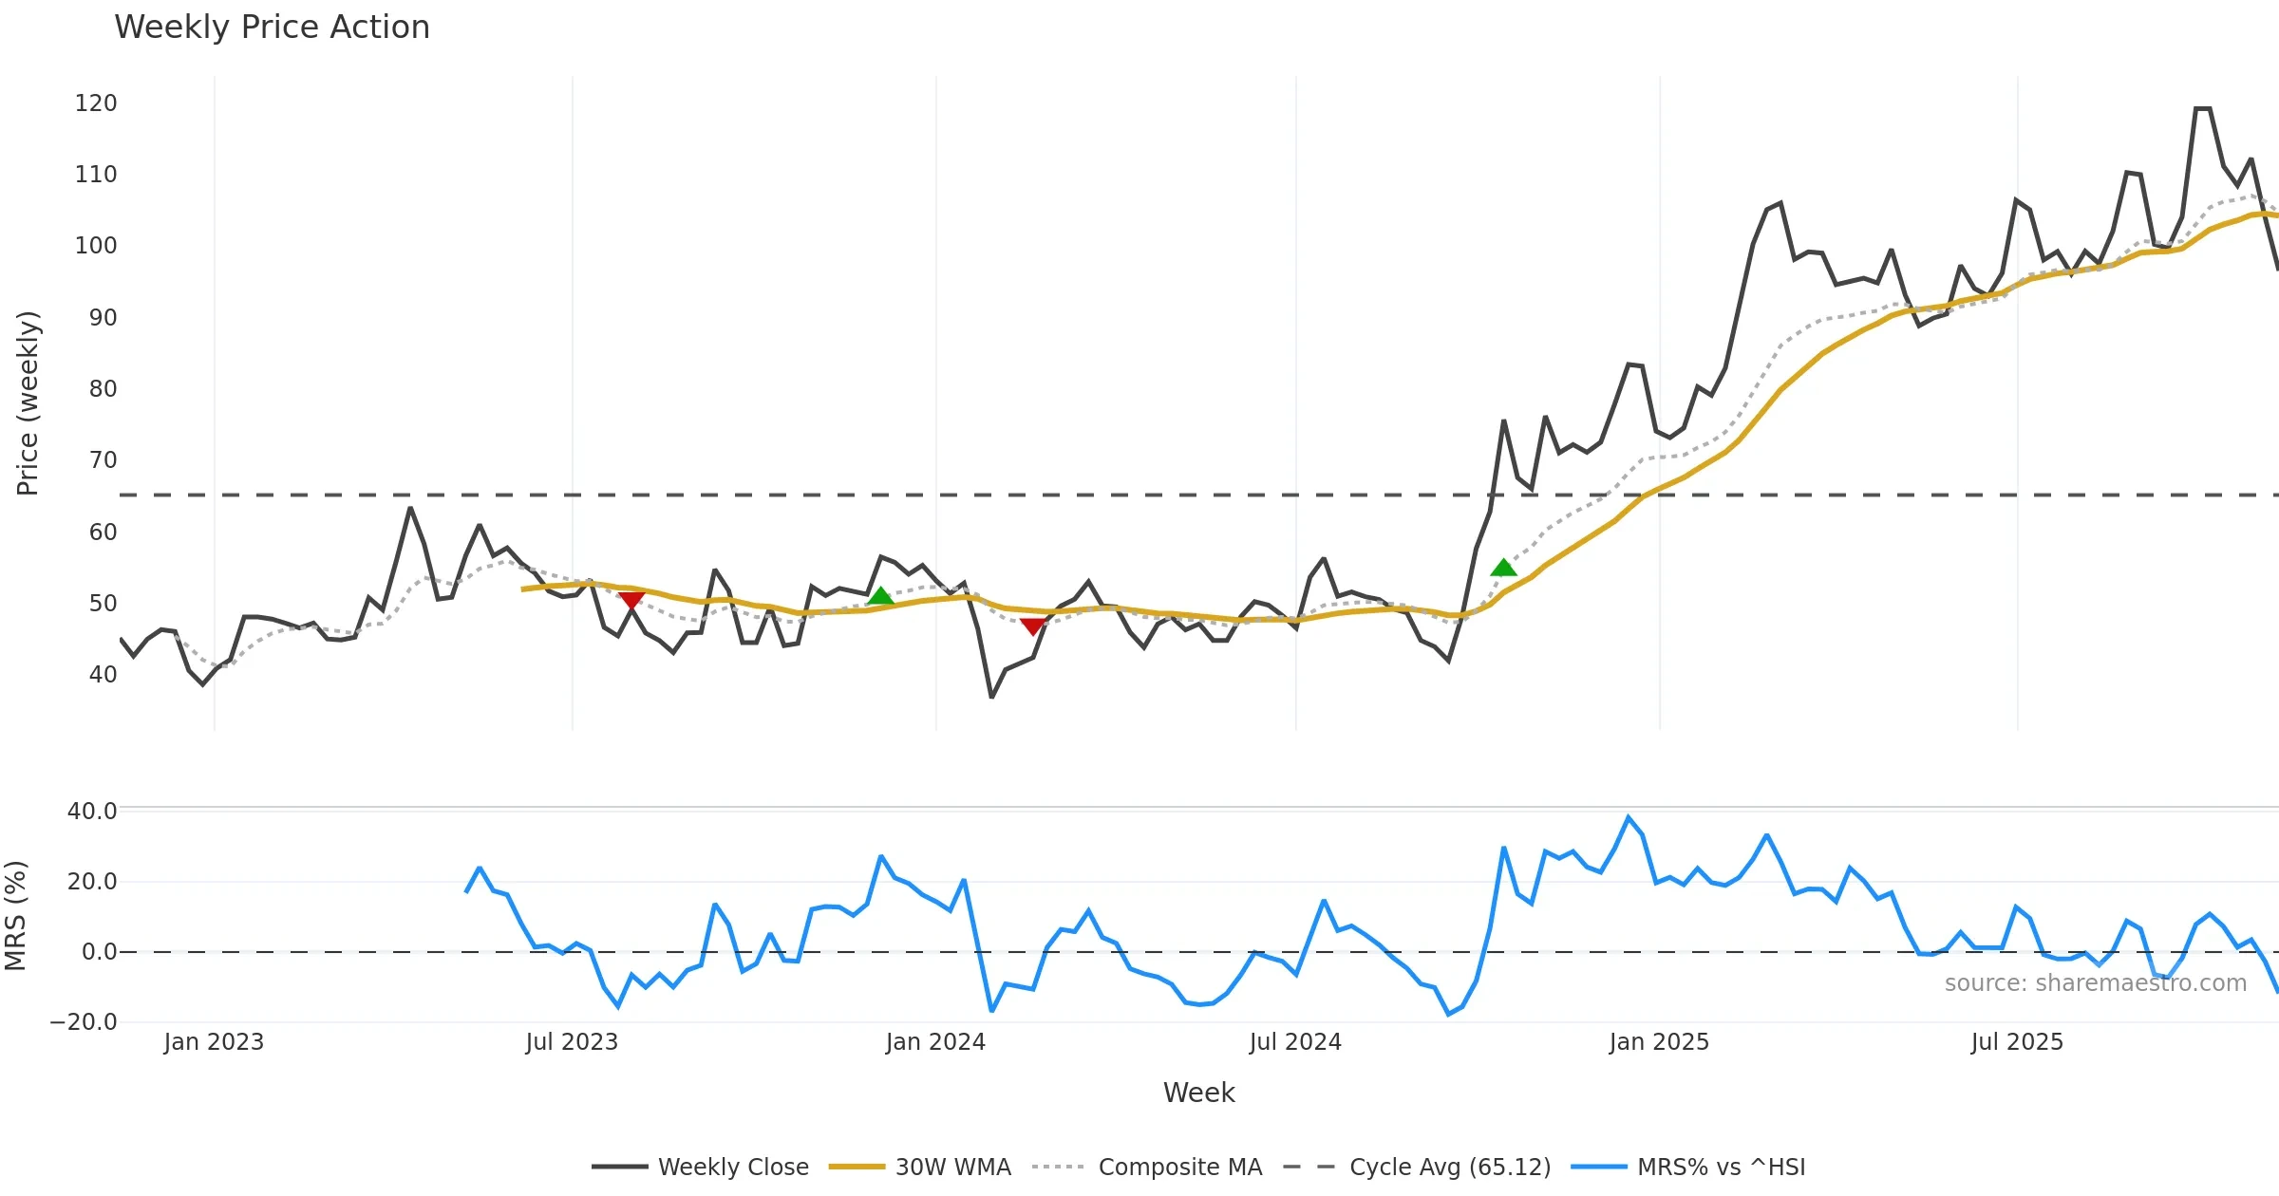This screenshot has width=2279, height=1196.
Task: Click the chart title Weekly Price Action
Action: (x=272, y=28)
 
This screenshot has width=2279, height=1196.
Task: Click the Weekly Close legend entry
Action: (x=732, y=1167)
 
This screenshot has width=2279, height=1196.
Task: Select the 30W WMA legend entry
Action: (x=952, y=1167)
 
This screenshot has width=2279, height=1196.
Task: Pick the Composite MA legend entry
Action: (x=1179, y=1167)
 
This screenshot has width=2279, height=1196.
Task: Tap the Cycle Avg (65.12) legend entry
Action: (x=1449, y=1167)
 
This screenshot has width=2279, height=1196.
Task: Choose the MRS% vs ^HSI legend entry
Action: (x=1721, y=1167)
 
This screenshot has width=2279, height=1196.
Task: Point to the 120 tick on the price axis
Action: (x=96, y=103)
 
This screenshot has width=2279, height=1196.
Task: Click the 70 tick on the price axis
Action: (x=103, y=460)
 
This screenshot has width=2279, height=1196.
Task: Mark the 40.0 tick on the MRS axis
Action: (x=92, y=812)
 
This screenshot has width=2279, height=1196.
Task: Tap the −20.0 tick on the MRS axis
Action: (x=84, y=1022)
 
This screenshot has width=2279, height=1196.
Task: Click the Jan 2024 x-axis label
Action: (x=935, y=1042)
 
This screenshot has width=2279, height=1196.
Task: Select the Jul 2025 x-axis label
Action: (x=2017, y=1042)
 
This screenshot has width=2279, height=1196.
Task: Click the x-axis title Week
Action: (x=1198, y=1093)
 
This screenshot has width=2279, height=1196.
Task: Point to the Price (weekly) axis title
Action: (x=28, y=403)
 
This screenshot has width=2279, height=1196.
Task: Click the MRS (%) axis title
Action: (x=15, y=916)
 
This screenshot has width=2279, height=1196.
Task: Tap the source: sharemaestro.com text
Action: (x=2095, y=983)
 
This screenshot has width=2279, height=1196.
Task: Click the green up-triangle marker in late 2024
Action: (x=1503, y=568)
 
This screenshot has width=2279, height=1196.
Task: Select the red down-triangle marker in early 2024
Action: (x=1032, y=626)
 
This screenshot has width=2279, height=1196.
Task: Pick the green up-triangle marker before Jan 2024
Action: (x=880, y=596)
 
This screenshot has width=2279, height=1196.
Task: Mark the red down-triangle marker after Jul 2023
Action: (x=631, y=600)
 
